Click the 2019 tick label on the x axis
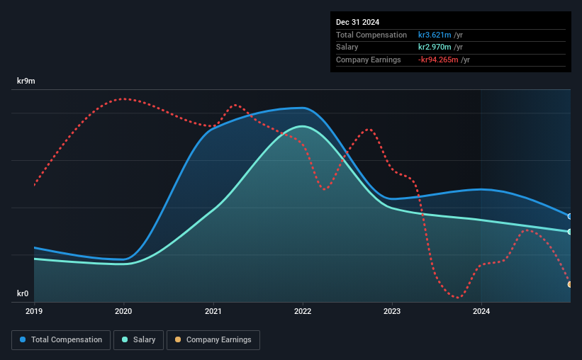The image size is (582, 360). click(34, 311)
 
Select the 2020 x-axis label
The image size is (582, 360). click(123, 311)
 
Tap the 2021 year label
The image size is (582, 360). click(213, 311)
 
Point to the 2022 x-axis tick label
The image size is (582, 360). click(303, 311)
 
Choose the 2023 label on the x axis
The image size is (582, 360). click(392, 311)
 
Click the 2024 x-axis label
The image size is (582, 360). click(481, 311)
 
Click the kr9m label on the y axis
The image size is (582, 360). click(26, 81)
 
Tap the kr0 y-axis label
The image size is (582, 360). click(23, 293)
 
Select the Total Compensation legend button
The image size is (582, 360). click(61, 340)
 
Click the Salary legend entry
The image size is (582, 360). click(138, 340)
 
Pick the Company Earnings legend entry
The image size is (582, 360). click(213, 340)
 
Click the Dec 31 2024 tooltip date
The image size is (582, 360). click(357, 22)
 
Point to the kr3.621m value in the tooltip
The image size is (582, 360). click(435, 35)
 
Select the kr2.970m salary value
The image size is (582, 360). click(435, 47)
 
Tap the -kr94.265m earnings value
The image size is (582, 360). click(438, 60)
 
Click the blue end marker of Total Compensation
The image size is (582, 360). click(570, 216)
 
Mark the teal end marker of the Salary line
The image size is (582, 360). click(570, 232)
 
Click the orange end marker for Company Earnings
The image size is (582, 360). click(570, 284)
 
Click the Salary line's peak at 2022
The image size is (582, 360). click(303, 126)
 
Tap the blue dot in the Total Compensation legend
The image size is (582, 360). click(23, 339)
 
